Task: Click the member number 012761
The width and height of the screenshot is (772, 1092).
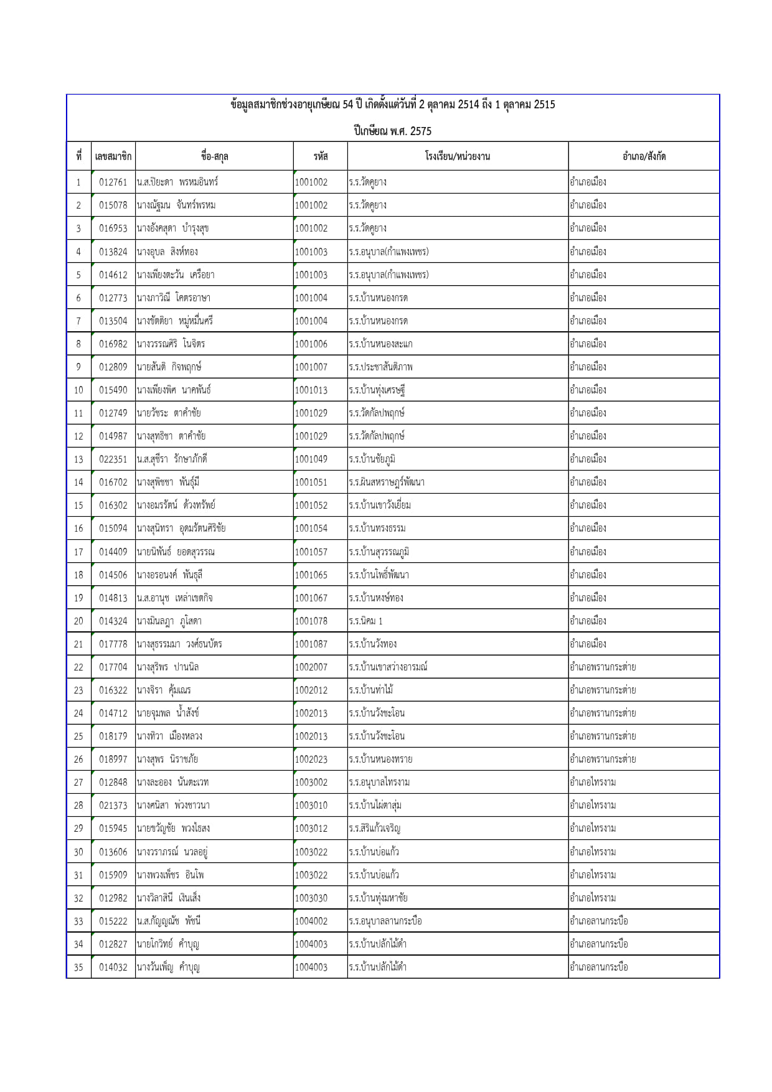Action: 113,182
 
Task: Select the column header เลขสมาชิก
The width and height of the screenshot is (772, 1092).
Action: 113,156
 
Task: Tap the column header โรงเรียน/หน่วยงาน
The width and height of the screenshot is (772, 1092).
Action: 457,156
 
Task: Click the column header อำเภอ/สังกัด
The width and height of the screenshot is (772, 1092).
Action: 643,156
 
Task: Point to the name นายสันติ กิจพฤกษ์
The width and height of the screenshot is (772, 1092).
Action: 169,367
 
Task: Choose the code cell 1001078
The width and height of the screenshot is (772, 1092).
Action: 311,621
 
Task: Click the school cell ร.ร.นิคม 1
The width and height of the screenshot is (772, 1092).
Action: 366,621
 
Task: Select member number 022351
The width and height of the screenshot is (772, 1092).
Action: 113,459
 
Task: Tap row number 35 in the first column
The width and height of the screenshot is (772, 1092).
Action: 78,967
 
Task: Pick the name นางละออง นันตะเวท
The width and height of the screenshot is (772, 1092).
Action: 172,783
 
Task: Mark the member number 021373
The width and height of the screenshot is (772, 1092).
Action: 113,806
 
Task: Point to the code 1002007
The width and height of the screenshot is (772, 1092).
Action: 311,667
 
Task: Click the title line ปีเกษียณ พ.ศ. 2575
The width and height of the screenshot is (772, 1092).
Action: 392,131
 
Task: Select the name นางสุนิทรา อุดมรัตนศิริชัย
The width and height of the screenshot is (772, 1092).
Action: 181,529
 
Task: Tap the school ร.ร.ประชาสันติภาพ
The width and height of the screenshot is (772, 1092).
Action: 380,367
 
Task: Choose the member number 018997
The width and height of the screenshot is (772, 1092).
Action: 113,760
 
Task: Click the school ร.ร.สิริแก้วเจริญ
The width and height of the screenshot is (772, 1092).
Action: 375,829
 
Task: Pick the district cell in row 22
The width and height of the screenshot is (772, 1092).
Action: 603,667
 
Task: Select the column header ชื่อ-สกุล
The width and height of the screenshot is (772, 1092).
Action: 214,156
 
